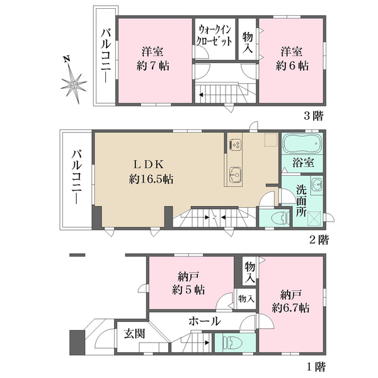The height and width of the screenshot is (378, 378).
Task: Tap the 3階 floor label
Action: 314,116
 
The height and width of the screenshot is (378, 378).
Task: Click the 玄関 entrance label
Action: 134,333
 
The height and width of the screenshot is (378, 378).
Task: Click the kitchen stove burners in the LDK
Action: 236,146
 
